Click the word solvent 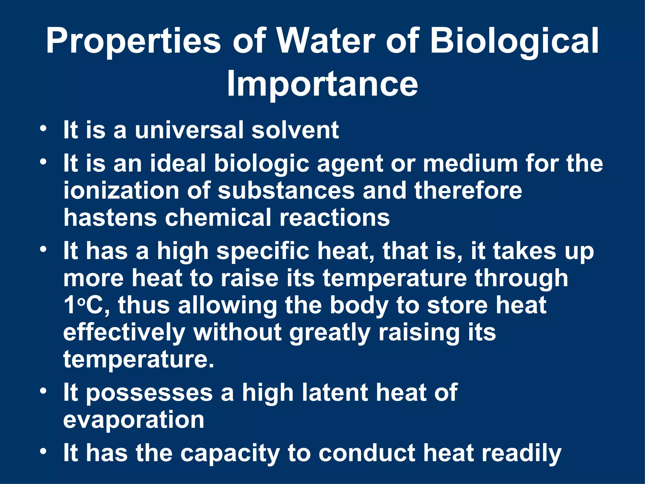295,130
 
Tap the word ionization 121,191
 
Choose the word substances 286,191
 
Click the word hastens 110,218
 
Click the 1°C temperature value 84,305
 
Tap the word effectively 124,333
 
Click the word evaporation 134,420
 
